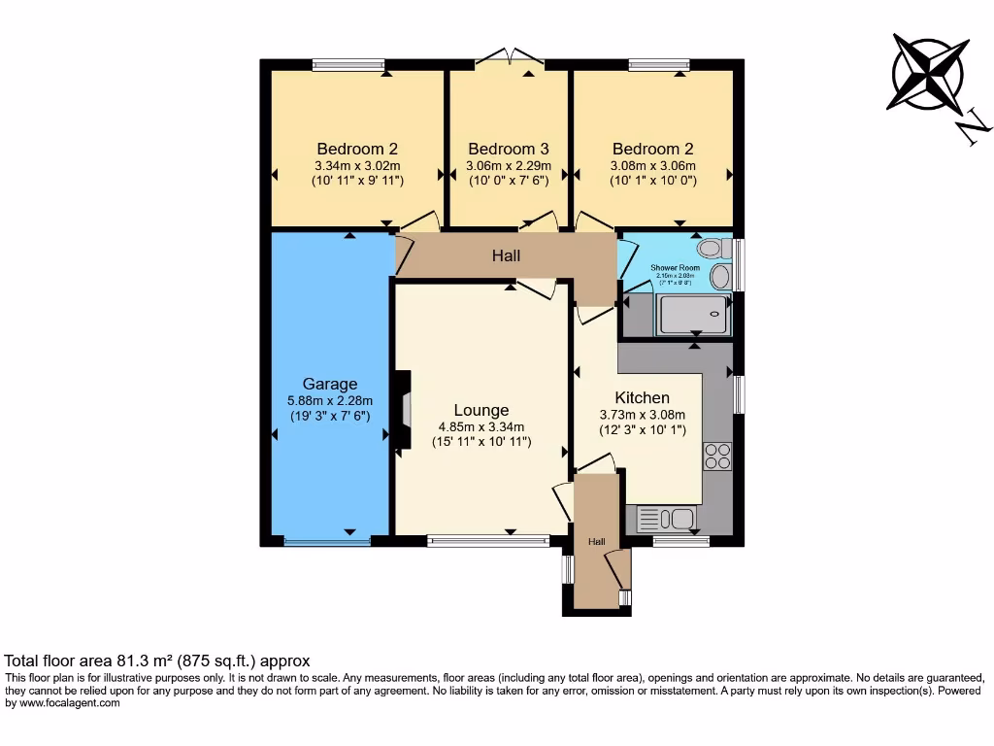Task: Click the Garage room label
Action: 330,384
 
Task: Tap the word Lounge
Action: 481,410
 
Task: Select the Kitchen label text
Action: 642,397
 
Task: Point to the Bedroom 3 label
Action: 509,149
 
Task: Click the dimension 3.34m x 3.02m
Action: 357,165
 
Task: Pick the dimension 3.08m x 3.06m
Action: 652,165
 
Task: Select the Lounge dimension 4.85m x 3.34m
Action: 481,426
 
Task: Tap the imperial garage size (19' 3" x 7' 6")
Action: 330,416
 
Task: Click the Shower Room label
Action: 676,267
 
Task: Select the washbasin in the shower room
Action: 720,278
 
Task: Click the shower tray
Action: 693,315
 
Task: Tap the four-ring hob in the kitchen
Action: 717,456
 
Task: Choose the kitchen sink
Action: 666,519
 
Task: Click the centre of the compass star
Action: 930,73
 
